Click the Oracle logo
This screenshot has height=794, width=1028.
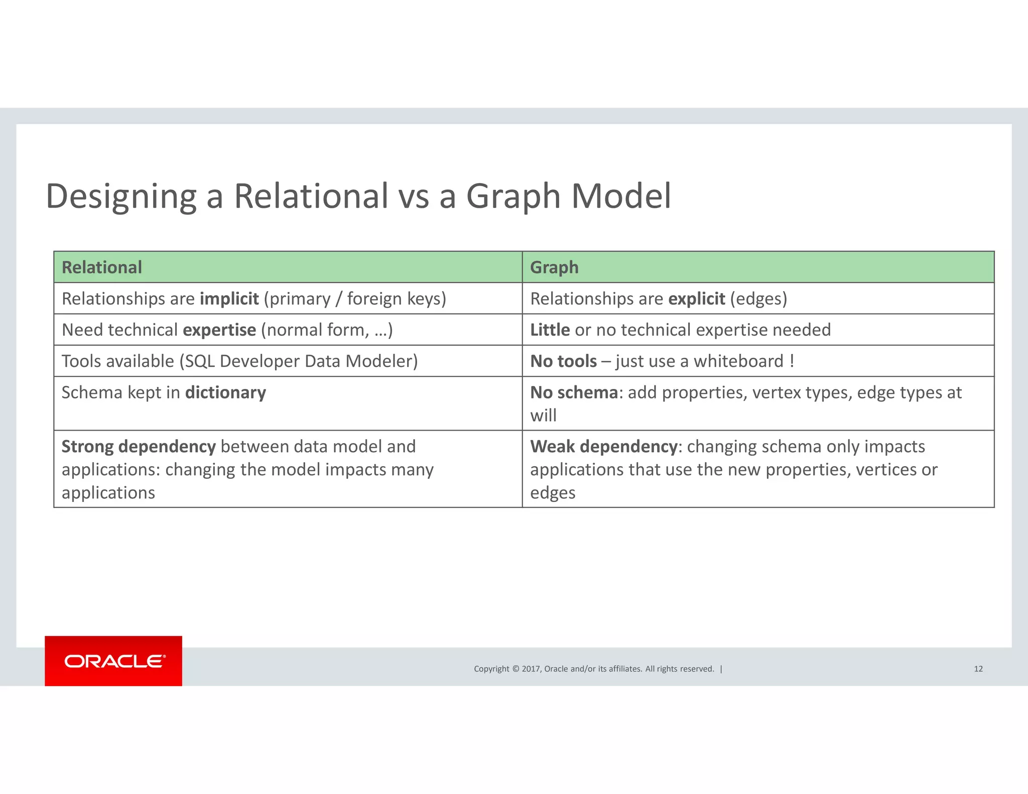coord(114,661)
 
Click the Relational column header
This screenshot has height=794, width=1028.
coord(102,268)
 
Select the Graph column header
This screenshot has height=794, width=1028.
coord(554,268)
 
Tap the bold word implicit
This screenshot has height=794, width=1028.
coord(229,299)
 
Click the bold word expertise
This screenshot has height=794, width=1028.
coord(219,330)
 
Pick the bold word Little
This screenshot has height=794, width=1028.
coord(550,330)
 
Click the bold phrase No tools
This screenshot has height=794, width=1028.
coord(563,361)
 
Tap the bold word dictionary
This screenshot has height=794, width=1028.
coord(225,392)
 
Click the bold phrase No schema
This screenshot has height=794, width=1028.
coord(574,392)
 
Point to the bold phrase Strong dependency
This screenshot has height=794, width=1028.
coord(139,446)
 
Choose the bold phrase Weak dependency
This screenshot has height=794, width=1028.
coord(603,446)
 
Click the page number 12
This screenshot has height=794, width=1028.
coord(978,669)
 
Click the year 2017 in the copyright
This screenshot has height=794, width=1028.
coord(531,669)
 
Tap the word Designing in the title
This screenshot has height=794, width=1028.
coord(121,196)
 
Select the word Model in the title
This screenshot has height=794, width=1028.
coord(621,196)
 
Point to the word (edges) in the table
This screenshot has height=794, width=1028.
coord(758,299)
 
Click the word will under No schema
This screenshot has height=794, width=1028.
coord(543,416)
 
